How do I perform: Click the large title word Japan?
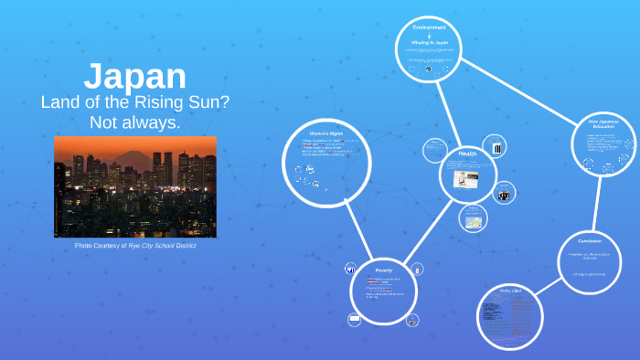[x=135, y=77]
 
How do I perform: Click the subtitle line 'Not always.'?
[x=135, y=122]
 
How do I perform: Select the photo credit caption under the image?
[x=135, y=246]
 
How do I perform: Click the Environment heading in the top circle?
[x=429, y=27]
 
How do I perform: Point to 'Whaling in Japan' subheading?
[x=429, y=43]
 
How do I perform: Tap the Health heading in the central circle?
[x=468, y=153]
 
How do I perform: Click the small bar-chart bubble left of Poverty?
[x=349, y=269]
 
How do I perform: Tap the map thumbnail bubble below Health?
[x=475, y=220]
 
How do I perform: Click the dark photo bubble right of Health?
[x=504, y=193]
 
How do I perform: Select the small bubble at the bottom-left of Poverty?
[x=354, y=320]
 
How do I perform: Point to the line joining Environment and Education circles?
[x=520, y=86]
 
